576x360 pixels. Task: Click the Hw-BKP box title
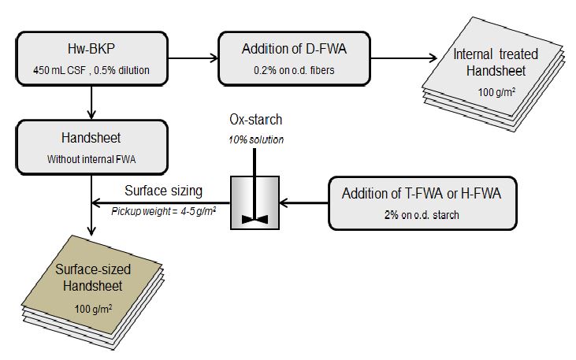(x=93, y=49)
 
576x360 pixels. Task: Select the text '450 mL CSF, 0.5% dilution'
(x=93, y=70)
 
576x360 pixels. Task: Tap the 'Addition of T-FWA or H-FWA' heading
(x=422, y=194)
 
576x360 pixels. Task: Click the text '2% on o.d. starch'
(x=422, y=215)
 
